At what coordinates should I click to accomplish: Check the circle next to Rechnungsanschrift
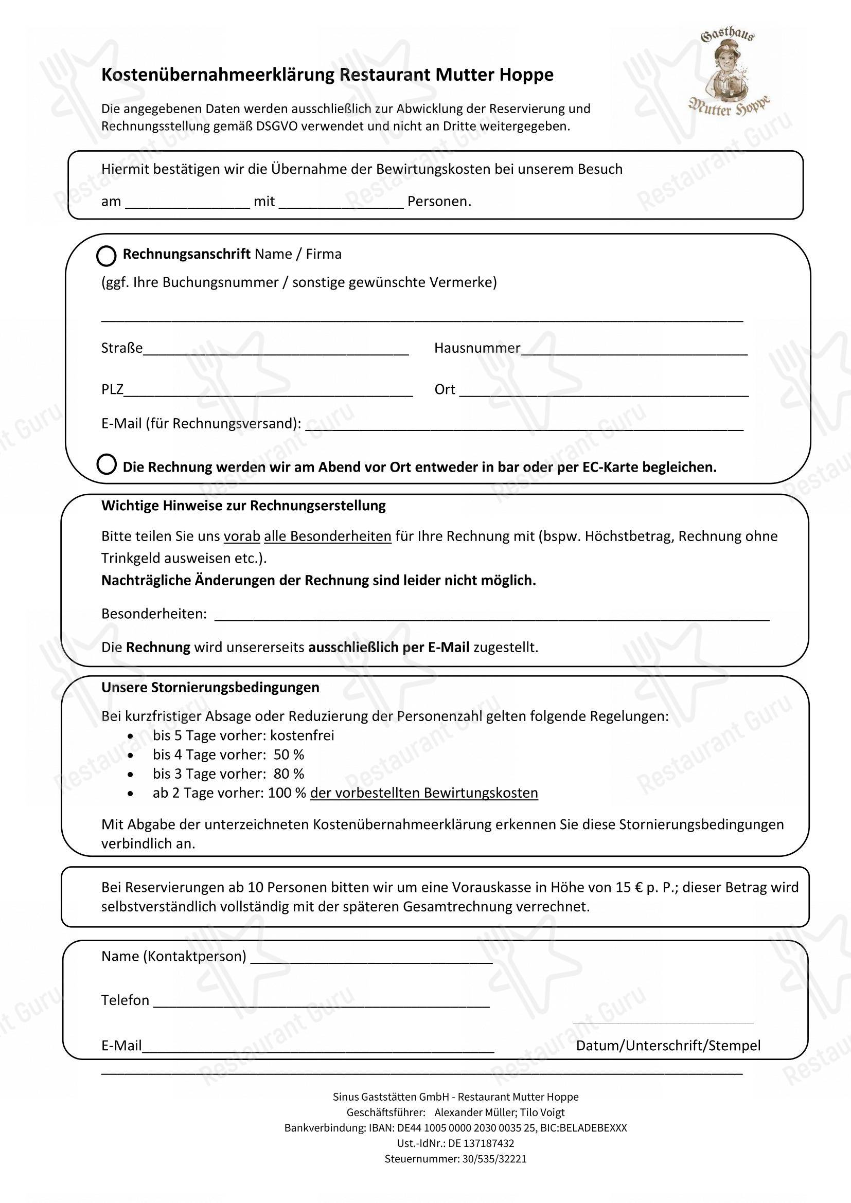tap(107, 256)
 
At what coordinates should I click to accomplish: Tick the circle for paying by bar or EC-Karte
tap(107, 464)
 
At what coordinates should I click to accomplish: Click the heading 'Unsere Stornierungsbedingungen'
tap(210, 688)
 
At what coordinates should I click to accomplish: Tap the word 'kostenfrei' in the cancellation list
tap(303, 735)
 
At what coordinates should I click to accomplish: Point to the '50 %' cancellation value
tap(289, 755)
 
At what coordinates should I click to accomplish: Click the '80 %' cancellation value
tap(289, 774)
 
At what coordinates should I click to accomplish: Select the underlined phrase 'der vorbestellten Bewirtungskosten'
tap(424, 793)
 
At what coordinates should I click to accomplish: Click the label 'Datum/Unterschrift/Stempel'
tap(668, 1046)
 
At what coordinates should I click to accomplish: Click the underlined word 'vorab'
tap(242, 536)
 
